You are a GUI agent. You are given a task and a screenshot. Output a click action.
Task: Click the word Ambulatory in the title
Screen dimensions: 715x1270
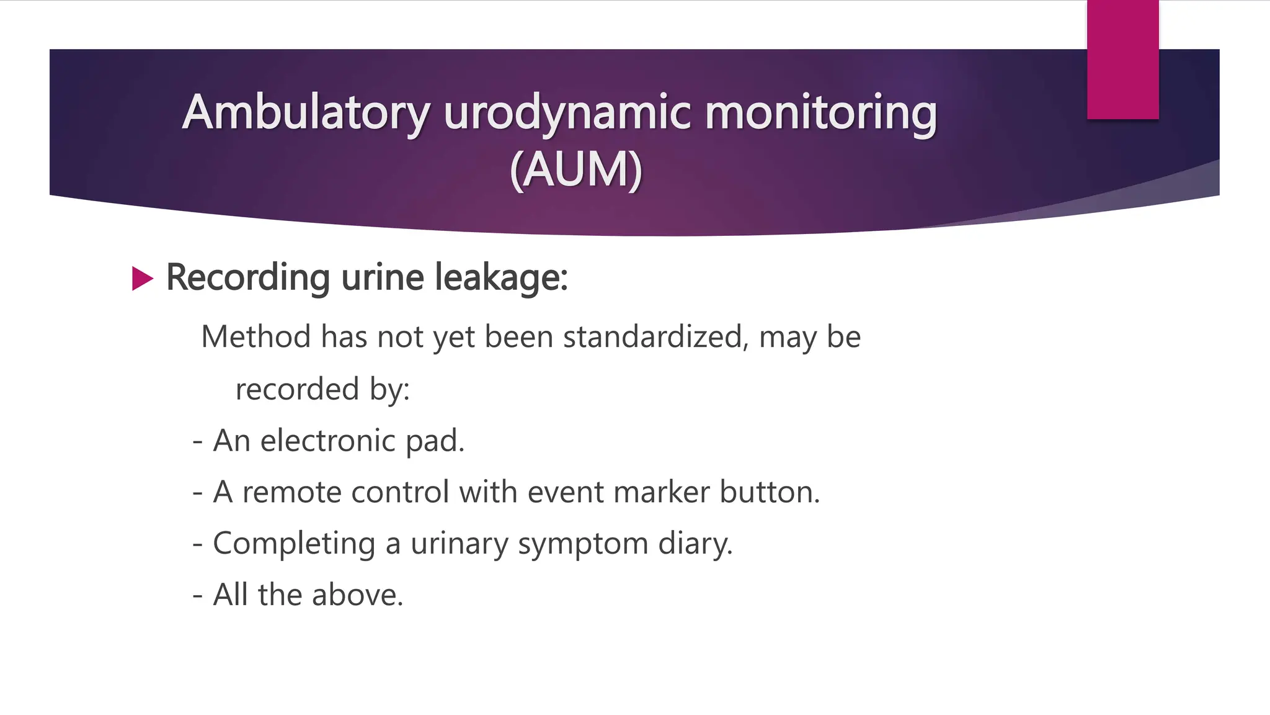pyautogui.click(x=306, y=113)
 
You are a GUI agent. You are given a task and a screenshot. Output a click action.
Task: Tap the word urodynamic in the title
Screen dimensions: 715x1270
pyautogui.click(x=567, y=113)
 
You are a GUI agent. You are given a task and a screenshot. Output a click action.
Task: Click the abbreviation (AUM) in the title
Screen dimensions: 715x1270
pyautogui.click(x=575, y=169)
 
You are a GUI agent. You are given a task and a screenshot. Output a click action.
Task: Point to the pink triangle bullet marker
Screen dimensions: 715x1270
pyautogui.click(x=142, y=279)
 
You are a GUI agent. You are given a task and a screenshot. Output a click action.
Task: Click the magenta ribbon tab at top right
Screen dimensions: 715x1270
pyautogui.click(x=1122, y=60)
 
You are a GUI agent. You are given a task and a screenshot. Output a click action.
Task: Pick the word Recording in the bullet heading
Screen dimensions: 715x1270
pyautogui.click(x=247, y=277)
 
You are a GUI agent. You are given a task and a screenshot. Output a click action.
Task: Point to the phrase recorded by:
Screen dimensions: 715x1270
pyautogui.click(x=322, y=390)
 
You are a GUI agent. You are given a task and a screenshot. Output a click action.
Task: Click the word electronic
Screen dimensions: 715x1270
pyautogui.click(x=327, y=441)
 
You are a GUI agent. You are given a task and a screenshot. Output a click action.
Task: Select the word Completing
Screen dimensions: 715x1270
pyautogui.click(x=294, y=544)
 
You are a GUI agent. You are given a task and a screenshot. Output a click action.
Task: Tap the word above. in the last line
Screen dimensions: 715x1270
pyautogui.click(x=357, y=595)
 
